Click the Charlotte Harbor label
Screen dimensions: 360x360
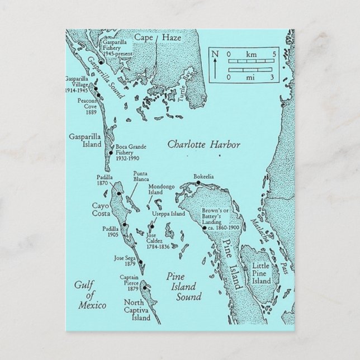tap(204, 145)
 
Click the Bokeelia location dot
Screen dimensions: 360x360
tap(198, 183)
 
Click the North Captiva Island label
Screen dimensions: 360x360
tap(136, 311)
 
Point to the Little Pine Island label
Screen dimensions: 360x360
tap(261, 273)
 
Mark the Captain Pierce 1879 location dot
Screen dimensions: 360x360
tap(144, 288)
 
